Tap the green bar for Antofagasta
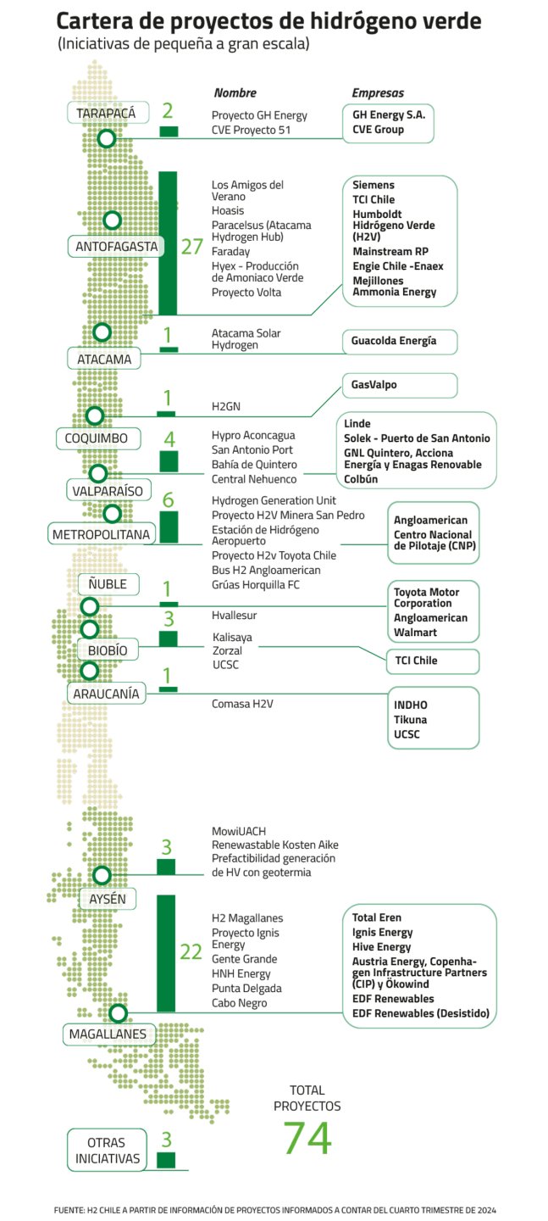tap(168, 243)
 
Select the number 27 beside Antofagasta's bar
tap(192, 247)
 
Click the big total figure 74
tap(307, 1138)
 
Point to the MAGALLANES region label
tap(108, 1034)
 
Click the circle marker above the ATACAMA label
tap(102, 332)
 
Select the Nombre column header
tap(235, 92)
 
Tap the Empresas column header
tap(378, 92)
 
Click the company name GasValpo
tap(374, 385)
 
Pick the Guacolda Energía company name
tap(394, 341)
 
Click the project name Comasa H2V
tap(242, 704)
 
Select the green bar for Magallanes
tap(166, 953)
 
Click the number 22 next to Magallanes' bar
tap(191, 952)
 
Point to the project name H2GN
tap(225, 406)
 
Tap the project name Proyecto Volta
tap(246, 293)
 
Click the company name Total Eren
tap(377, 917)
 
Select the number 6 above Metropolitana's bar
tap(168, 500)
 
